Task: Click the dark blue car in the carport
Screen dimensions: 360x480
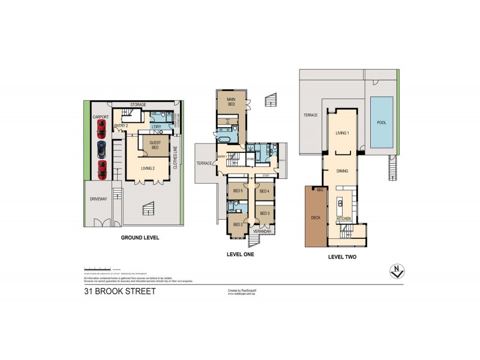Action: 101,148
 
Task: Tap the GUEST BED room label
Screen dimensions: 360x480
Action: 150,144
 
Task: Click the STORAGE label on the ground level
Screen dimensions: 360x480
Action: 138,105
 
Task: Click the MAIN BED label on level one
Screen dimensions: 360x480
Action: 229,101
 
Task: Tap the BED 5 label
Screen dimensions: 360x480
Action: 237,191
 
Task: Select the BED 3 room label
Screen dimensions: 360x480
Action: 264,213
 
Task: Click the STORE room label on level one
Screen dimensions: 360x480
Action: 249,159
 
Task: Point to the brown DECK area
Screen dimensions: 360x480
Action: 315,217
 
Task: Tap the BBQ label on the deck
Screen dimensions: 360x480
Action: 320,190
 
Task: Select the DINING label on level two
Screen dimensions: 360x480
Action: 342,170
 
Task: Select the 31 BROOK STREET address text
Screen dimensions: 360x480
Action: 120,292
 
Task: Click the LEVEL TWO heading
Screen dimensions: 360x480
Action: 343,256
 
